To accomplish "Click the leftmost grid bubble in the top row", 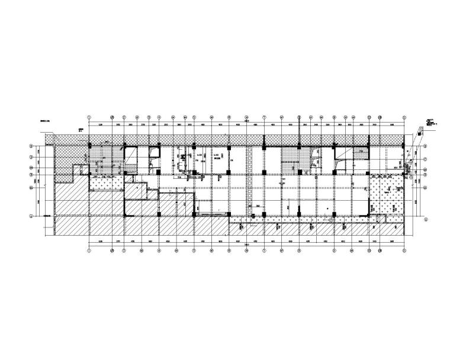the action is click(89, 117).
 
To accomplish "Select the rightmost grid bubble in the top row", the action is click(404, 117).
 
